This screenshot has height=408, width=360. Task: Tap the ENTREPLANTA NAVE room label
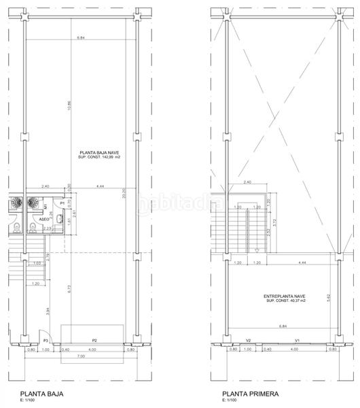[x=285, y=296]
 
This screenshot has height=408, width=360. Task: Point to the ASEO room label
[x=43, y=220]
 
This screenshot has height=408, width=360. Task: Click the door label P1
[x=61, y=203]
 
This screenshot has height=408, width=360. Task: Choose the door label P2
[x=95, y=341]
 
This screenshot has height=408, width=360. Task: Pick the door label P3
[x=46, y=341]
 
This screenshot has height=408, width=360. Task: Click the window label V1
[x=297, y=341]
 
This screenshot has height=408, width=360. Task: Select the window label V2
[x=249, y=341]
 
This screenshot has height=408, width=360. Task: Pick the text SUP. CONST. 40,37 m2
[x=285, y=301]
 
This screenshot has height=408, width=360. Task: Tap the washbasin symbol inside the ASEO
[x=60, y=218]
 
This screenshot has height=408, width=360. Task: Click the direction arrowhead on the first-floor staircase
[x=257, y=251]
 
